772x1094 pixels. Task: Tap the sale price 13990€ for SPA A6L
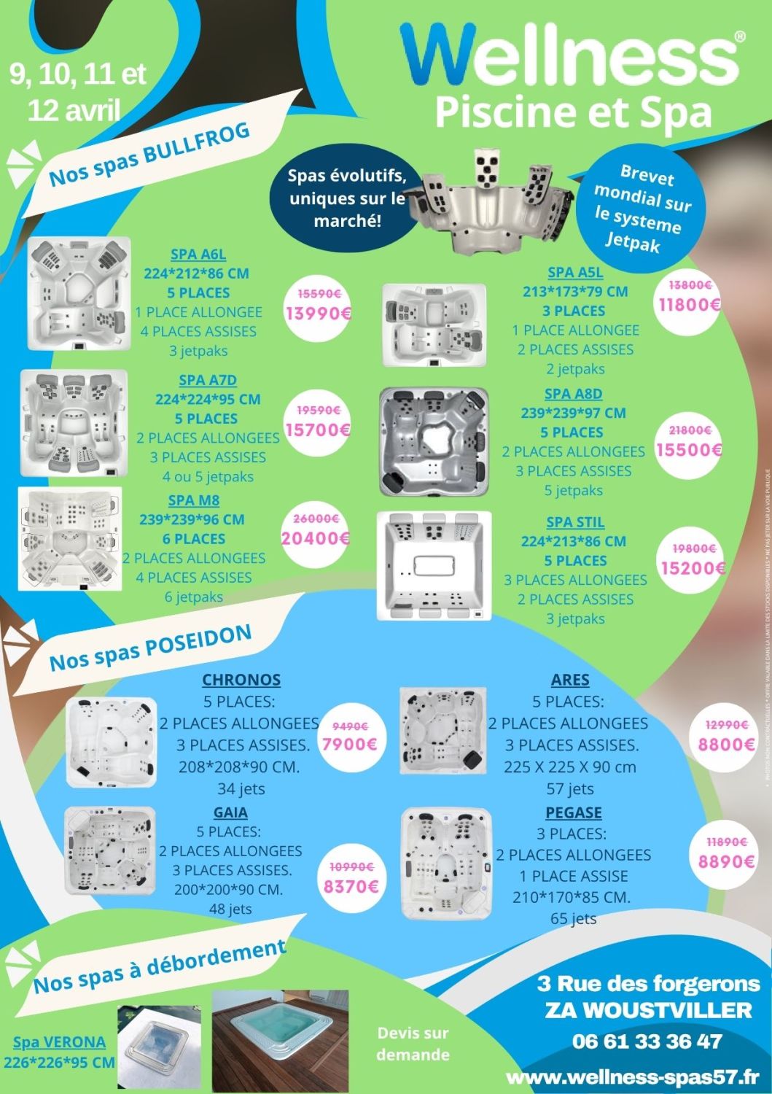coord(319,314)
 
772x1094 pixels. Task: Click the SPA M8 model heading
coord(194,500)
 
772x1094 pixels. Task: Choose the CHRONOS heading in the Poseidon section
coord(241,680)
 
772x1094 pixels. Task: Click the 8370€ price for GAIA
coord(351,887)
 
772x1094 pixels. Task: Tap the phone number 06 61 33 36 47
coord(647,1041)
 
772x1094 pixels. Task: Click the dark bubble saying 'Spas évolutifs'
coord(347,198)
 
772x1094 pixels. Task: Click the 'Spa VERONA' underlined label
coord(59,1042)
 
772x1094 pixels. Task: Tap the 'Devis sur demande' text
coord(413,1044)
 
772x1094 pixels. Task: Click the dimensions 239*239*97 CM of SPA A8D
coord(573,413)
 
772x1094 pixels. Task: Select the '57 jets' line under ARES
coord(570,788)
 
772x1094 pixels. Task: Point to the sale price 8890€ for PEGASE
coord(726,861)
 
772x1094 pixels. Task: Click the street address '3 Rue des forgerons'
coord(648,984)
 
